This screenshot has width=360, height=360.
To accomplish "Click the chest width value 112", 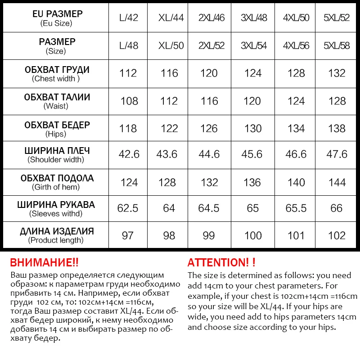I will pyautogui.click(x=128, y=73).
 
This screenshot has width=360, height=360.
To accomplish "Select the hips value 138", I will pyautogui.click(x=337, y=128).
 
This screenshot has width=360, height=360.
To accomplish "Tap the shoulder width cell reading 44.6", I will pyautogui.click(x=209, y=154).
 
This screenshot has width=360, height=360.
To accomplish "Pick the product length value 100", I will pyautogui.click(x=253, y=236).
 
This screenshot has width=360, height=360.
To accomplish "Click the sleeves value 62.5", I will pyautogui.click(x=128, y=208).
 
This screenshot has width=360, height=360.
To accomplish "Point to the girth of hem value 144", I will pyautogui.click(x=337, y=182).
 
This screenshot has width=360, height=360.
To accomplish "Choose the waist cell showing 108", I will pyautogui.click(x=129, y=101).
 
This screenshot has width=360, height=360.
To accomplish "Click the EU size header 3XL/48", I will pyautogui.click(x=254, y=18).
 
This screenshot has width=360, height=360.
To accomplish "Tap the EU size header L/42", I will pyautogui.click(x=129, y=18).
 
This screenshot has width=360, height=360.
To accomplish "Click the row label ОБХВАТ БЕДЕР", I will pyautogui.click(x=57, y=125).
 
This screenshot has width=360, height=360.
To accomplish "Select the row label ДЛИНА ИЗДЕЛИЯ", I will pyautogui.click(x=57, y=231).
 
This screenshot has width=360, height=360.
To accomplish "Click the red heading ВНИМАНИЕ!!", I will pyautogui.click(x=44, y=263).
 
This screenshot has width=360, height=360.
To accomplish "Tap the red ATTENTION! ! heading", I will pyautogui.click(x=221, y=263).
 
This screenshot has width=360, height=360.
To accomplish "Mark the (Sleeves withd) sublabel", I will pyautogui.click(x=56, y=213).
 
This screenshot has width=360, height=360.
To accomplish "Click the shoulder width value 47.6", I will pyautogui.click(x=337, y=154).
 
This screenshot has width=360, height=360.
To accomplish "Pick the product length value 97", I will pyautogui.click(x=128, y=236).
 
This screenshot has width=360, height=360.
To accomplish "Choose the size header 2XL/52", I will pyautogui.click(x=211, y=45).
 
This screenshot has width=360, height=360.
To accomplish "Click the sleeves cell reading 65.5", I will pyautogui.click(x=296, y=208).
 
